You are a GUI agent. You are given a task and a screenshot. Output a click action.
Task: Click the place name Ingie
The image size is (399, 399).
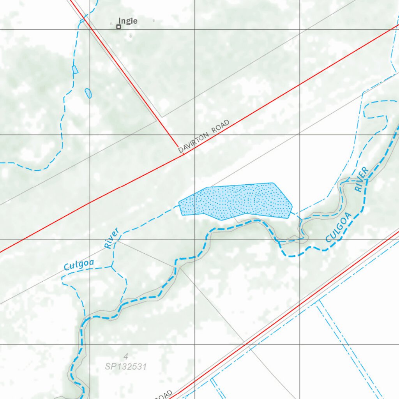128,21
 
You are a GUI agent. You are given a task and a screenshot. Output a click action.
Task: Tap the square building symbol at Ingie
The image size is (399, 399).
118,26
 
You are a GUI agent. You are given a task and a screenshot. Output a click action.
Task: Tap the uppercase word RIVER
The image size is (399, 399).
361,179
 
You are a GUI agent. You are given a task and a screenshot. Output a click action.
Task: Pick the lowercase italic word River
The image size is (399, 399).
111,238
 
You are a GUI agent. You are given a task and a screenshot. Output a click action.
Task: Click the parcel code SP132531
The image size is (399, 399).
125,367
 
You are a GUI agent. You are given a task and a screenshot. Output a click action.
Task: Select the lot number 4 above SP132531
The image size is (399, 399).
125,356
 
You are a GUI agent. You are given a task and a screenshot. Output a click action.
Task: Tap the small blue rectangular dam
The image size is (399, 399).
75,69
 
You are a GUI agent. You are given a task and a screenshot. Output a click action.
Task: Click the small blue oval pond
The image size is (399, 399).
88,93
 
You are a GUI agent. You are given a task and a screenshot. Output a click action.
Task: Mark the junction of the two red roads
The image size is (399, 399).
184,155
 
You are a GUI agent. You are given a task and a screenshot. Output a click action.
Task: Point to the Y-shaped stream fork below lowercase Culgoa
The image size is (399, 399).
112,267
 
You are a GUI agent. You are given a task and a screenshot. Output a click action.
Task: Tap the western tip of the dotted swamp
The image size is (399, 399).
180,204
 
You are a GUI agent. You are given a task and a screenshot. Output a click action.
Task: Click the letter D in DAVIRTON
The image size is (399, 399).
180,150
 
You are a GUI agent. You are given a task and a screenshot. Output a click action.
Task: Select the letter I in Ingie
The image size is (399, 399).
120,21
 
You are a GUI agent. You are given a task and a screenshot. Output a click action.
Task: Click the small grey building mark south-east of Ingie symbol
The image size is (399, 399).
131,36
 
